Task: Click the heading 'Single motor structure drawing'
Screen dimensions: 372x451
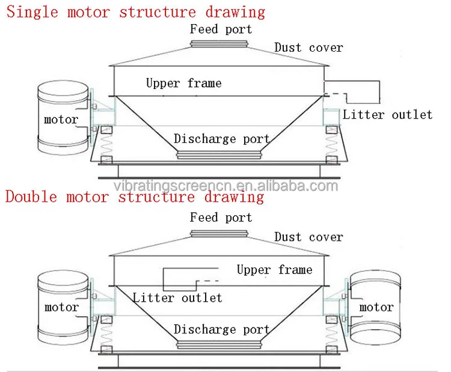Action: pos(135,11)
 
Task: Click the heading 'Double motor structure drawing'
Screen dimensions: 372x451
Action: pos(135,197)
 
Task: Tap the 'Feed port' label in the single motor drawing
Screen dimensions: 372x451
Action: pos(221,29)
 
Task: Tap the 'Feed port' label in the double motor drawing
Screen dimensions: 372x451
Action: pos(221,218)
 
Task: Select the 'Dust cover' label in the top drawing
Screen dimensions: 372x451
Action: pos(308,47)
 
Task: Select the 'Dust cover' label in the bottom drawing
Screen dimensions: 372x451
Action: pos(308,237)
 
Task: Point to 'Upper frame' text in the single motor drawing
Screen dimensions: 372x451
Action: pos(183,83)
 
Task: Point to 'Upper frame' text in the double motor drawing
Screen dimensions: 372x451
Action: pos(274,270)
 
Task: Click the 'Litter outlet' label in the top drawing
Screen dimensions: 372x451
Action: pos(387,114)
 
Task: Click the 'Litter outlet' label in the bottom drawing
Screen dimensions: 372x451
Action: pos(177,297)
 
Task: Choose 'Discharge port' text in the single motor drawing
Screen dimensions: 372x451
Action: pos(222,139)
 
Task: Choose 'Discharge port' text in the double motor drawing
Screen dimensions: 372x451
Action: pos(222,329)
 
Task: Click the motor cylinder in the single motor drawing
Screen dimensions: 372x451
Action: pos(61,117)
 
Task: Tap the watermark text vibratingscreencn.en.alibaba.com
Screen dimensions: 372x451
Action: pos(226,185)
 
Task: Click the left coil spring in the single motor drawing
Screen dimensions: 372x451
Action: pos(106,145)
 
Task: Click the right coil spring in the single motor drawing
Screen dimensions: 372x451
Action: pos(331,145)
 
